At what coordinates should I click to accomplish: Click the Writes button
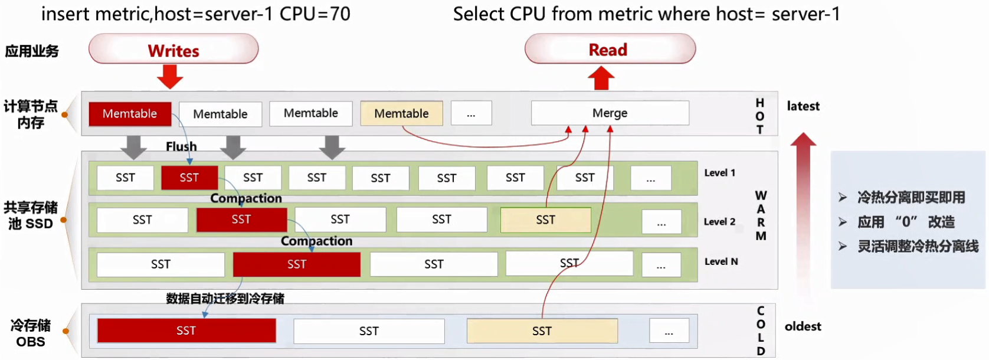point(173,50)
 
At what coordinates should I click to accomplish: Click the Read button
point(610,50)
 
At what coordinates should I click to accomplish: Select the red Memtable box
point(130,113)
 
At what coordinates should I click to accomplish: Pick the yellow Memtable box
point(401,113)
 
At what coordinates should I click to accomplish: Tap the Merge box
point(610,113)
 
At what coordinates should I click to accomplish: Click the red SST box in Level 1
point(189,178)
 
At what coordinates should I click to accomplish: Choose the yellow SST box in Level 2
point(545,220)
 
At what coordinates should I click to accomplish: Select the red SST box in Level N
point(296,264)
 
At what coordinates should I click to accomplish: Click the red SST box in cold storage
point(186,330)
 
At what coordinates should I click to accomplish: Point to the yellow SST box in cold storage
point(542,331)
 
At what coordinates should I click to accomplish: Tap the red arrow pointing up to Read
point(601,78)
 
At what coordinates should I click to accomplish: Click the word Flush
point(181,146)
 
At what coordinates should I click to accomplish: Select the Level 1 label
point(719,173)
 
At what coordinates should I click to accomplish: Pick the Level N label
point(721,261)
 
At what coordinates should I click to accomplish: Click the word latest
point(803,106)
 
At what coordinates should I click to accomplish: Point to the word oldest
point(803,326)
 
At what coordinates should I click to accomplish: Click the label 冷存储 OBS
point(31,333)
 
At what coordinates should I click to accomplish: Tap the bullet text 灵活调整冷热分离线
point(918,247)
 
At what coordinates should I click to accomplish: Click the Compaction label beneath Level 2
point(316,241)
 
